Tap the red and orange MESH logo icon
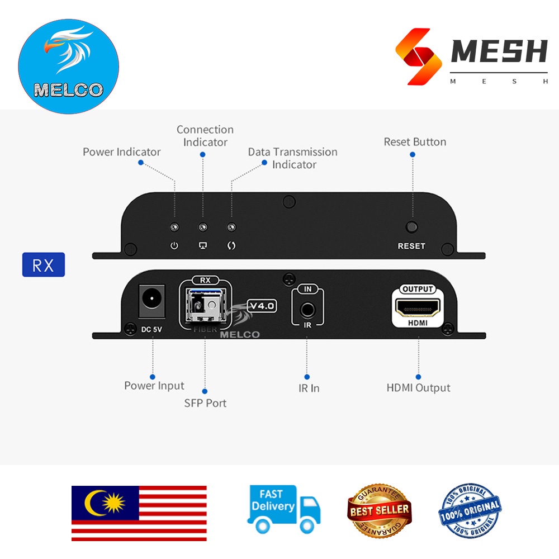pos(415,57)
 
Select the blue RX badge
pos(44,265)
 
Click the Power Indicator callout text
pos(121,152)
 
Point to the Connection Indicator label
pos(205,136)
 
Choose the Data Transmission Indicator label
pos(293,158)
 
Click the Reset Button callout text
pos(415,142)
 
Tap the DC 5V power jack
pos(150,299)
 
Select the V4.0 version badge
pos(262,306)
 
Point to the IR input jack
pos(307,309)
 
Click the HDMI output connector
pos(418,307)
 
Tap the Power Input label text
pos(154,386)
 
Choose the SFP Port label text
pos(205,403)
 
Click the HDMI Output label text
pos(418,387)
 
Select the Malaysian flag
pos(139,513)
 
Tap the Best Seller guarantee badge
pos(379,510)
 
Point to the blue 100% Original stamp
pos(470,510)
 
